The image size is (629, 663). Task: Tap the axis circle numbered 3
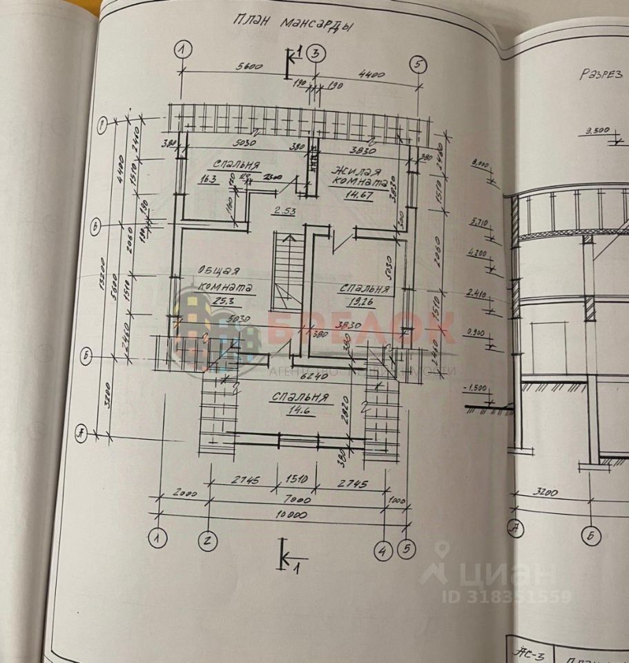[x=316, y=52]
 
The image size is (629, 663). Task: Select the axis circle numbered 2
[x=208, y=540]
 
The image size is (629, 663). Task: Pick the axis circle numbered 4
[x=383, y=550]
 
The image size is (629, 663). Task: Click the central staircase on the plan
[x=287, y=272]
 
